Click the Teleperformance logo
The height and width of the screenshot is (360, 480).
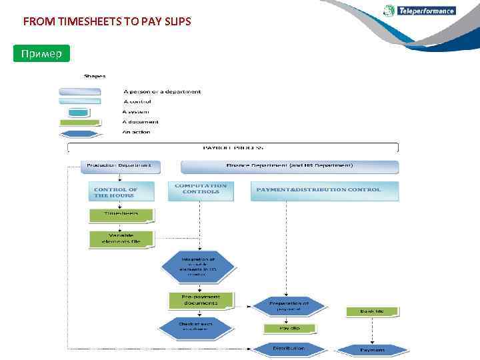click(x=420, y=11)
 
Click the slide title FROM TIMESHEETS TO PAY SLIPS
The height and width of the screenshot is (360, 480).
click(x=107, y=22)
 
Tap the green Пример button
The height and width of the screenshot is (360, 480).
click(x=41, y=53)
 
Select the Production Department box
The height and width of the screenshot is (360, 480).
click(x=120, y=166)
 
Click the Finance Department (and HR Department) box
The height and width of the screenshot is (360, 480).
click(x=289, y=166)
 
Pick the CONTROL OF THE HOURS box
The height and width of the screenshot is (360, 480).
click(x=121, y=192)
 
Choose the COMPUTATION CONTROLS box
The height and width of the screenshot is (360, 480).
click(x=201, y=190)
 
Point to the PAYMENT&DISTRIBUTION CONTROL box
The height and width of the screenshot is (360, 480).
click(x=325, y=191)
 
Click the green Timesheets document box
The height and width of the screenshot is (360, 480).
click(x=121, y=215)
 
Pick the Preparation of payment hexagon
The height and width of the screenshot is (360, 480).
click(x=289, y=305)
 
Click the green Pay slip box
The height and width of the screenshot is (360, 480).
click(x=289, y=329)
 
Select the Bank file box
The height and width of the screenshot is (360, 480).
click(x=371, y=311)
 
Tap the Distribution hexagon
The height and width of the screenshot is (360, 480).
click(x=289, y=349)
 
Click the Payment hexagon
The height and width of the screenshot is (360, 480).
click(x=372, y=350)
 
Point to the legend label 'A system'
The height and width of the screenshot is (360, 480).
click(x=135, y=112)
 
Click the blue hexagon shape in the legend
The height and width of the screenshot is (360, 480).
click(x=79, y=133)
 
